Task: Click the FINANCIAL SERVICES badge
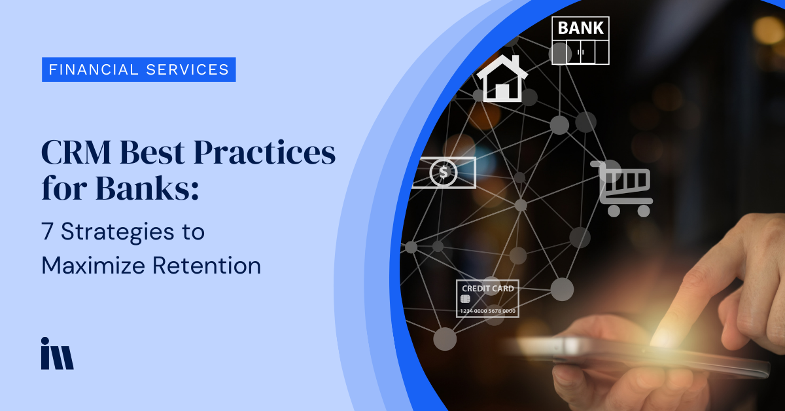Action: click(x=139, y=69)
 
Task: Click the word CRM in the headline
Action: click(x=76, y=152)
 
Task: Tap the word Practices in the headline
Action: click(x=264, y=153)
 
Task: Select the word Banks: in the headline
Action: click(x=147, y=188)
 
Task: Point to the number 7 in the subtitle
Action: click(x=47, y=231)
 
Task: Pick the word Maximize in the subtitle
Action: click(x=93, y=265)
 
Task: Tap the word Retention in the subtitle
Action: click(x=207, y=265)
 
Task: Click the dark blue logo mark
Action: click(x=57, y=353)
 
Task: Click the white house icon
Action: click(x=502, y=79)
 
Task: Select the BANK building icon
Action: click(x=580, y=41)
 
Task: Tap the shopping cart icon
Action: click(x=621, y=188)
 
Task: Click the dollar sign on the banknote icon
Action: click(x=444, y=173)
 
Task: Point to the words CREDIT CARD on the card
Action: click(x=488, y=289)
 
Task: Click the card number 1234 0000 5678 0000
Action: click(x=487, y=311)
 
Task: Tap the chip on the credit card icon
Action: click(x=465, y=299)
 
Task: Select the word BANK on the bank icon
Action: click(x=580, y=28)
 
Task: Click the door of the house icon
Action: click(x=502, y=91)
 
